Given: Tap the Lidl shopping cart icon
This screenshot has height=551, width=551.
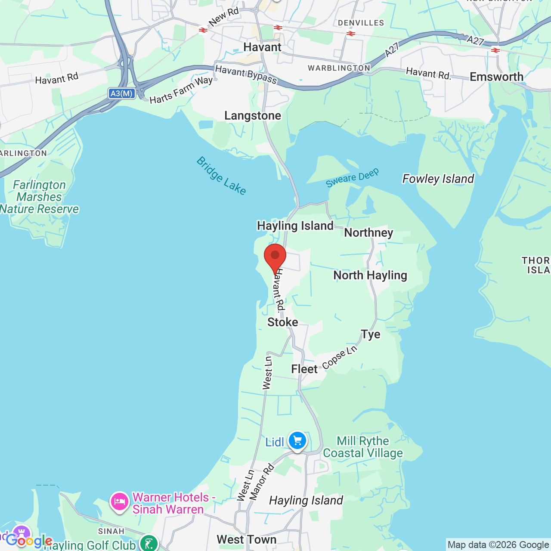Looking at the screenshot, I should pos(297,441).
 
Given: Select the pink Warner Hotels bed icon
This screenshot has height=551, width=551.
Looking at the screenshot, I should pos(119,501).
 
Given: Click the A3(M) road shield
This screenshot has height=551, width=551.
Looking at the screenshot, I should pos(121,93).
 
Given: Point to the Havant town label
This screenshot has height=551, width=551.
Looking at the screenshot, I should pos(262,47).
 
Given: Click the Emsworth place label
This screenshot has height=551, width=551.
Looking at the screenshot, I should pos(496,77).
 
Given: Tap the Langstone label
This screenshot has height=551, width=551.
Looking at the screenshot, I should pos(253,116).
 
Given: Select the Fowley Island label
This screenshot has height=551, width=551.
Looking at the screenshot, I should pos(438,179).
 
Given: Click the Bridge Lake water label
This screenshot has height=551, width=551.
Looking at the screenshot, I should pos(221,176).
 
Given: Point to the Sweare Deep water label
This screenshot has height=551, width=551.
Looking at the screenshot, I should pos(352,178).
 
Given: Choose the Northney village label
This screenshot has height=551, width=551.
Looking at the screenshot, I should pos(368,233).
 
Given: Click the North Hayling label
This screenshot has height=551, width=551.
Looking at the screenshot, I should pos(370,275).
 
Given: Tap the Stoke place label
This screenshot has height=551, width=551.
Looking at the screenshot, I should pos(282,322).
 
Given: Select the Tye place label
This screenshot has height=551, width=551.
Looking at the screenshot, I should pos(371,334).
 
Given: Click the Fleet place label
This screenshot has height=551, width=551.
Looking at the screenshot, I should pos(304,369).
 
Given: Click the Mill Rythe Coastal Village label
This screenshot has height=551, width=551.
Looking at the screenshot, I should pos(363,447).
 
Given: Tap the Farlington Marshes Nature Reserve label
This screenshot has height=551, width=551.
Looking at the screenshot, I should pos(40,197).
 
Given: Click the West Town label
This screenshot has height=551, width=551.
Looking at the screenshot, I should pos(247,539).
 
